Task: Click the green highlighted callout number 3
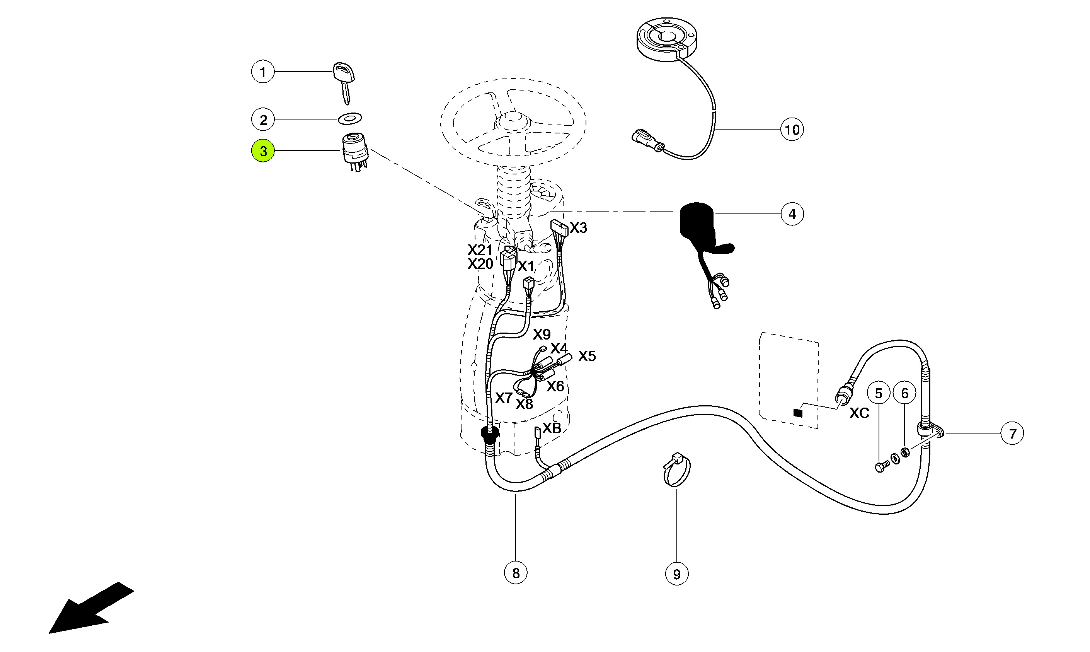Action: click(x=262, y=151)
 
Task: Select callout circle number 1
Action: click(x=262, y=72)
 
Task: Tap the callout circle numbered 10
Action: click(x=792, y=130)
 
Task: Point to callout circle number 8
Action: click(x=516, y=573)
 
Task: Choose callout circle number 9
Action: click(x=676, y=574)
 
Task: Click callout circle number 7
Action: click(x=1012, y=433)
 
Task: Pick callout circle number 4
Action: click(x=792, y=214)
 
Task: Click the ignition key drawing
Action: click(x=344, y=81)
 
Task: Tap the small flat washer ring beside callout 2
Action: click(x=349, y=118)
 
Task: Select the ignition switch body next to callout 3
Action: click(x=355, y=152)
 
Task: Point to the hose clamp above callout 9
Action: click(x=676, y=470)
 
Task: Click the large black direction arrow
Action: click(x=90, y=609)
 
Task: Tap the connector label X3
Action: click(x=578, y=228)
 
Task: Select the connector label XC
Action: click(x=859, y=413)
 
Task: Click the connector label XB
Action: click(x=552, y=428)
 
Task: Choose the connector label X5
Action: click(x=587, y=356)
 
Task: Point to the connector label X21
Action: click(x=480, y=250)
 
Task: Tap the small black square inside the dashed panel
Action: click(x=798, y=413)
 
